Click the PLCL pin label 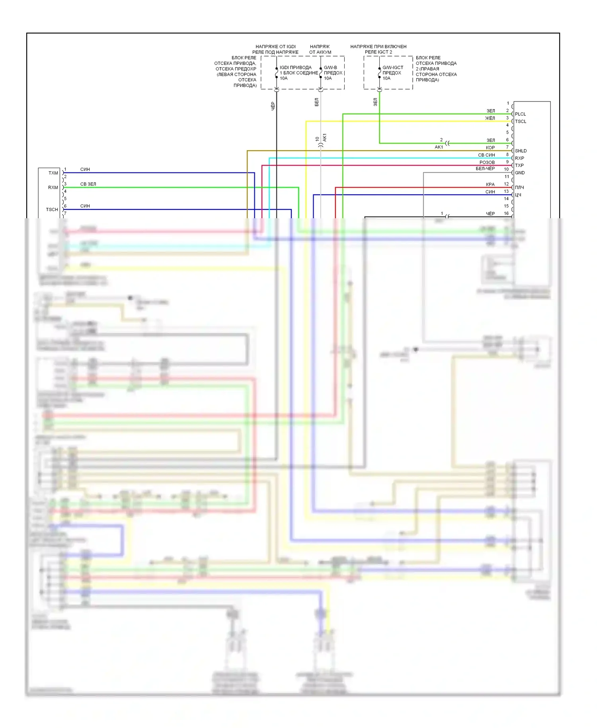pos(520,114)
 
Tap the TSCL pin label pos(521,121)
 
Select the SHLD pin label pos(521,151)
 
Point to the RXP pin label pos(519,158)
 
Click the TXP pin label pos(519,165)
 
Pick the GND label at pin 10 pos(520,173)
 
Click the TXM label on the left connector pos(53,173)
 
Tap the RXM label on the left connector pos(53,188)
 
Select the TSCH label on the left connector pos(52,209)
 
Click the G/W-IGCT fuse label pos(393,68)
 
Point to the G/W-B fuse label pos(330,68)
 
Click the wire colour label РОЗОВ pos(487,162)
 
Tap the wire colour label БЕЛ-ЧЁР pos(485,169)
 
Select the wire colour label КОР pos(490,148)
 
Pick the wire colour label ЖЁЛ pos(490,118)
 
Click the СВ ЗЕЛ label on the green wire pos(88,184)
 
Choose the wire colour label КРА pos(490,184)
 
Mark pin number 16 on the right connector pos(506,213)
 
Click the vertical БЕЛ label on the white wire pos(317,102)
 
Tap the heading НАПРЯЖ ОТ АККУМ pos(320,49)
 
